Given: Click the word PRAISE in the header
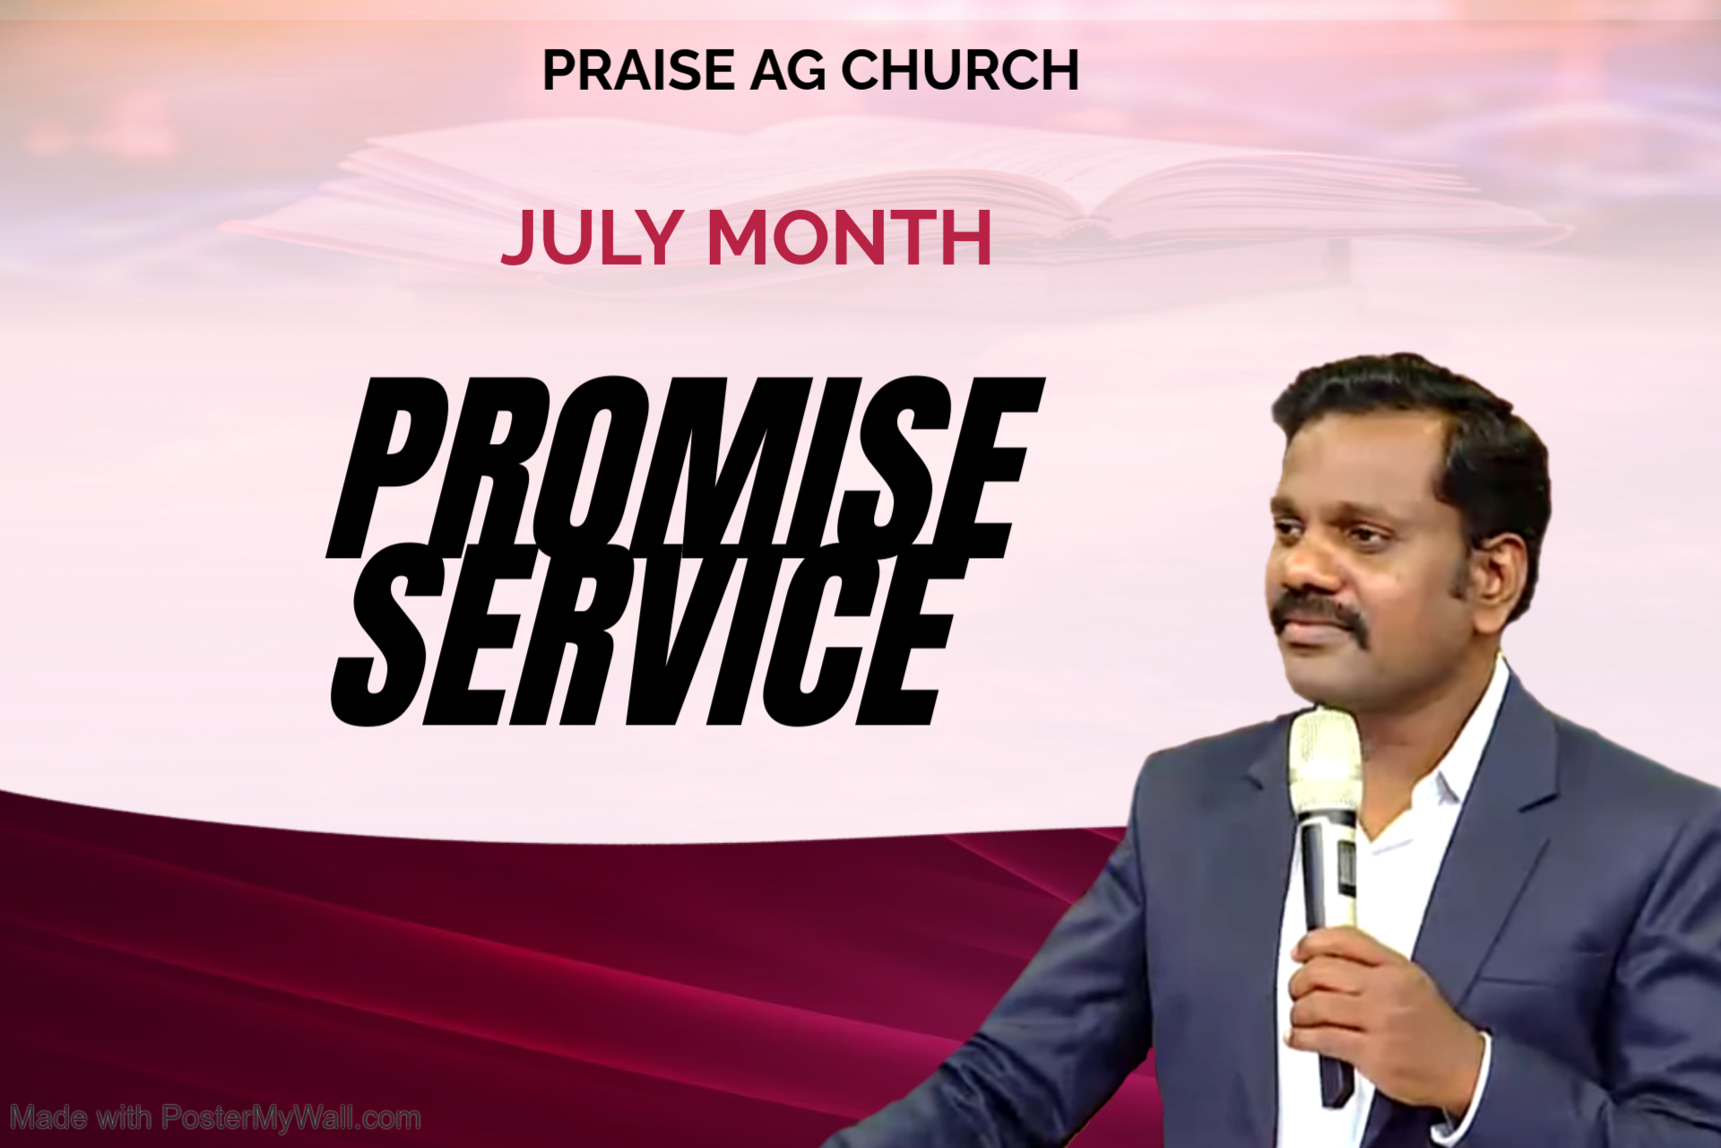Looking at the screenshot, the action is (638, 70).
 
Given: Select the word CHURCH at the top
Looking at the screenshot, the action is (960, 70).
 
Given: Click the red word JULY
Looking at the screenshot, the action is (589, 238).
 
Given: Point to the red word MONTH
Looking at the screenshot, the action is (850, 238).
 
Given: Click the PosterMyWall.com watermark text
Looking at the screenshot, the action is (215, 1118).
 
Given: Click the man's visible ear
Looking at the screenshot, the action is (1498, 574).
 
